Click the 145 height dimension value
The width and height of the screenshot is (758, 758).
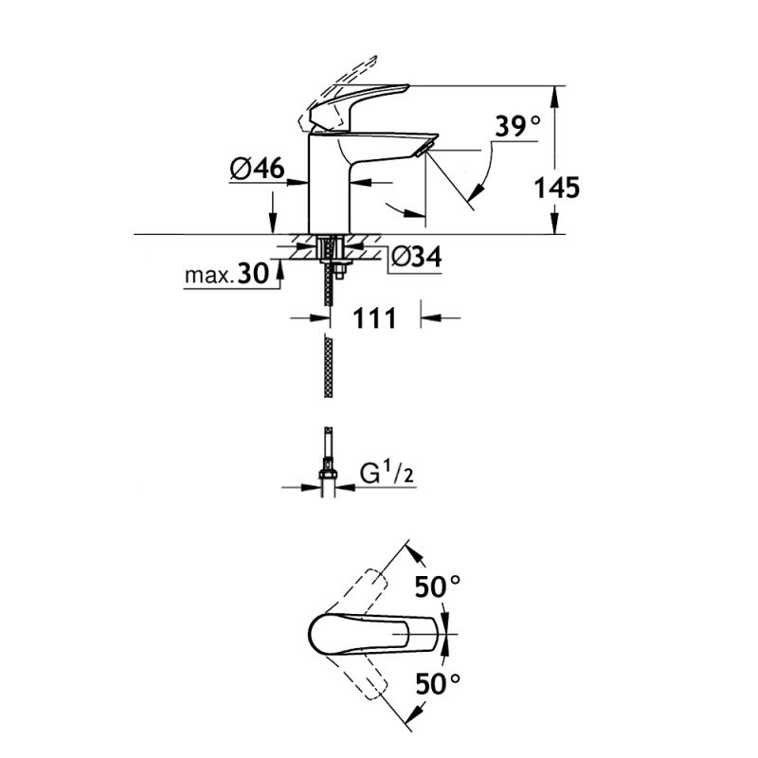[555, 187]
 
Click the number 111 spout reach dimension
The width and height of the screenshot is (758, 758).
[376, 318]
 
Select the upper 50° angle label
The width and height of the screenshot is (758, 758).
[437, 587]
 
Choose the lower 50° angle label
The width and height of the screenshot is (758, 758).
[437, 680]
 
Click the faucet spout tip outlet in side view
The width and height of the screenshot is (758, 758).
[424, 147]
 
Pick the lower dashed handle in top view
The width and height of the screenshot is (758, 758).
[365, 677]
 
